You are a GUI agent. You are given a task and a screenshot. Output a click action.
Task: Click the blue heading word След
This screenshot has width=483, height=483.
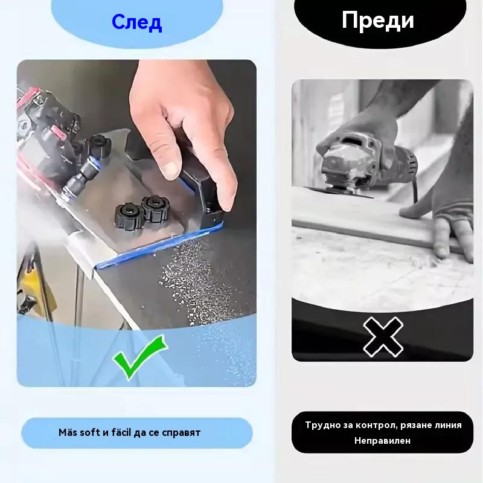point(137,23)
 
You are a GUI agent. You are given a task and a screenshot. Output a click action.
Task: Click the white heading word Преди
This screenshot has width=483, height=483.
point(378,21)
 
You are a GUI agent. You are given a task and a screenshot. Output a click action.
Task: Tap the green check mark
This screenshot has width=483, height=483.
point(140,357)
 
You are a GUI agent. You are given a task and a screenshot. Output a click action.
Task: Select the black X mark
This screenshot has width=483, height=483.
point(383,337)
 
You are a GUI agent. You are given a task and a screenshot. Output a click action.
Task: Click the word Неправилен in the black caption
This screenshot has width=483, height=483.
point(382,441)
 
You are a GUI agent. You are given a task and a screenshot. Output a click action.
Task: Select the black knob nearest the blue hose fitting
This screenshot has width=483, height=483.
point(99,145)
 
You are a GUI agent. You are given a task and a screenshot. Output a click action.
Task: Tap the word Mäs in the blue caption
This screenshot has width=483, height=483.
point(68,432)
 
